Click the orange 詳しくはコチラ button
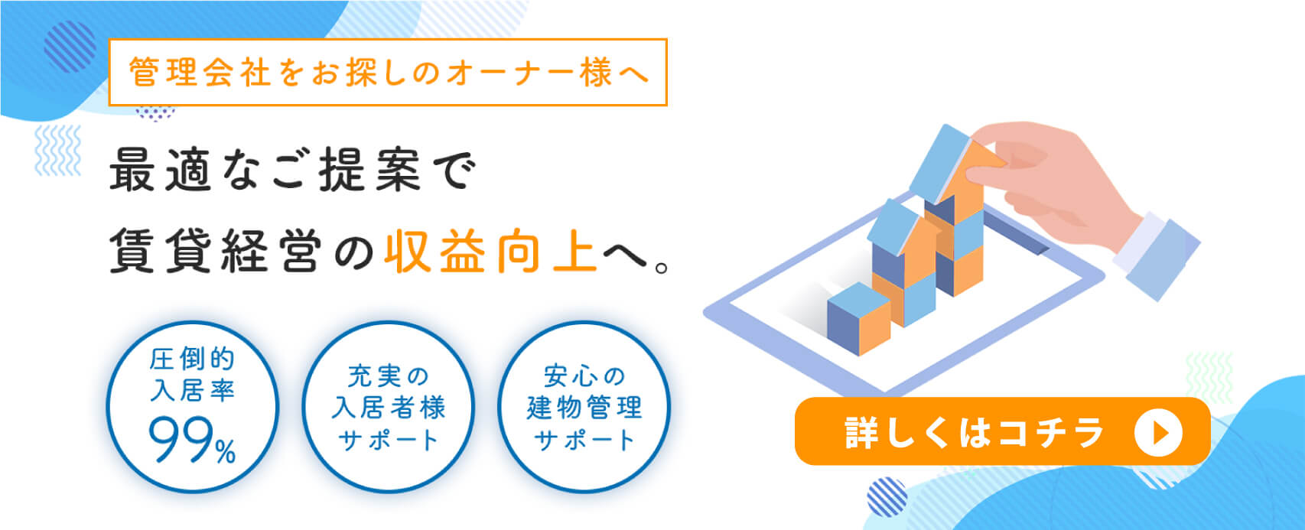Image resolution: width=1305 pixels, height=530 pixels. pos(1003,431)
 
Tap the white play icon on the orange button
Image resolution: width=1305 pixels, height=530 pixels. pos(1158,433)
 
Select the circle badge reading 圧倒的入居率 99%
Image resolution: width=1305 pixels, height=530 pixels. pos(193,407)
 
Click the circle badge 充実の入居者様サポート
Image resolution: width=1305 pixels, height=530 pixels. pos(389,407)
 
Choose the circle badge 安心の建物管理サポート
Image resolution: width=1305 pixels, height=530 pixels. pos(584,407)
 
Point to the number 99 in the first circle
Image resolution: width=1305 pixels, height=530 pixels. pos(181,441)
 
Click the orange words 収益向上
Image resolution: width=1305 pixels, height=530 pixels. pos(491,251)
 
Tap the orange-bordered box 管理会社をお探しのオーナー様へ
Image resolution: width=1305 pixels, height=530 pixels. pos(388,72)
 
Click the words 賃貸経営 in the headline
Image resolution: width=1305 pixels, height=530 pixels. pos(216,251)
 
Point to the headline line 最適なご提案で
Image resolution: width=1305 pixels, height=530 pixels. pos(293,170)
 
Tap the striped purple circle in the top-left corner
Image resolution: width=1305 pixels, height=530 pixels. pos(70,47)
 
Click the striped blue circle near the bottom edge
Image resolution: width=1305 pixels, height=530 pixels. pos(887,497)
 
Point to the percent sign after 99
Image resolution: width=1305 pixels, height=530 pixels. pos(226,451)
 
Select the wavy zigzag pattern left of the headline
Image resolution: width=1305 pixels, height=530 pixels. pos(57,150)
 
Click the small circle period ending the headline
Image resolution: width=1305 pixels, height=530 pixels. pos(662,268)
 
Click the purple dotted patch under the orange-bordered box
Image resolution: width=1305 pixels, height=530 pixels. pos(155,113)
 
